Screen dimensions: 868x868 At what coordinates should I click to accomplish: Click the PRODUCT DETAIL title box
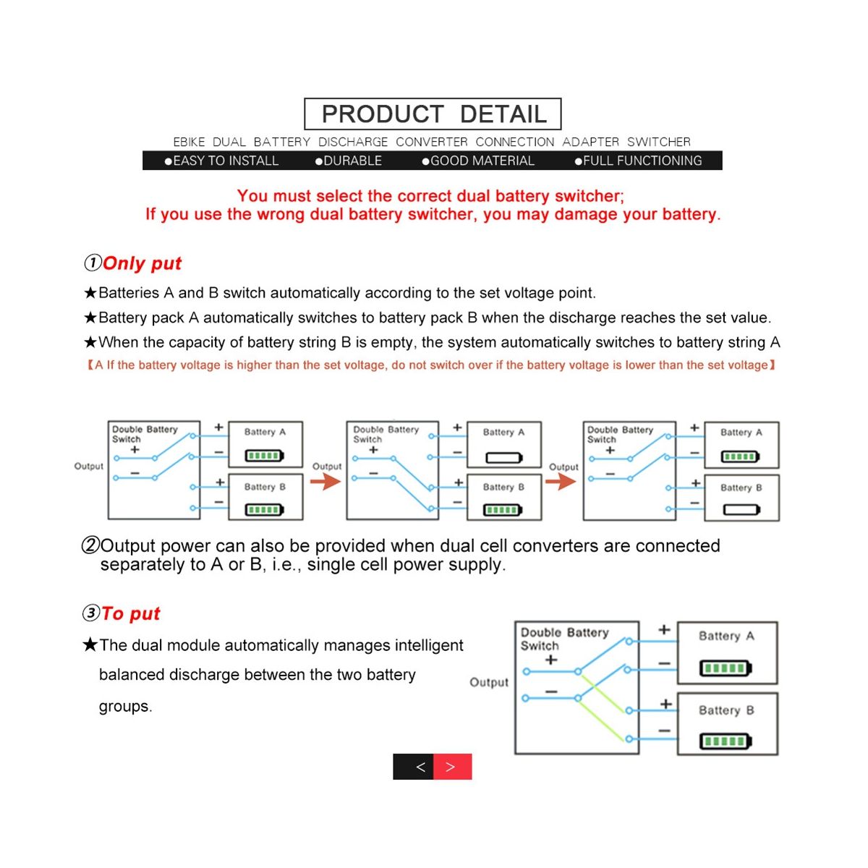tap(433, 114)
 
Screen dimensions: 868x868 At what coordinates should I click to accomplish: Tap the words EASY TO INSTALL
tap(225, 161)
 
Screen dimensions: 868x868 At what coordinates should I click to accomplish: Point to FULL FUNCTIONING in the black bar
tap(642, 161)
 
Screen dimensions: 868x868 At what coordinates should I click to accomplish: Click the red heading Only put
tap(142, 263)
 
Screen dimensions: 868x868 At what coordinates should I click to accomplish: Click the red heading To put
tap(130, 613)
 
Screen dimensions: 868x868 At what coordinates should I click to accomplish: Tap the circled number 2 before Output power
tap(90, 545)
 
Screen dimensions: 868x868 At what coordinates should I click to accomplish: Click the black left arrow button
tap(413, 767)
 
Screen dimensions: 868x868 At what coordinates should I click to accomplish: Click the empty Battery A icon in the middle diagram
tap(503, 457)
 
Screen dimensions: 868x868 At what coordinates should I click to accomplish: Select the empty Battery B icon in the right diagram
tap(741, 510)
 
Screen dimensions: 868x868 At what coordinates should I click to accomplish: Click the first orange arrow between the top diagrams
tap(326, 481)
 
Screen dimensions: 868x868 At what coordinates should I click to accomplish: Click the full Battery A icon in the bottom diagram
tap(726, 668)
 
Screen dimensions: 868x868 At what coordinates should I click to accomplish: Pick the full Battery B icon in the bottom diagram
tap(726, 741)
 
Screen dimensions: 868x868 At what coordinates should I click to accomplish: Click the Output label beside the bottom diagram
tap(489, 682)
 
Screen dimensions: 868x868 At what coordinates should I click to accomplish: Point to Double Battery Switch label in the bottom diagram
tap(564, 639)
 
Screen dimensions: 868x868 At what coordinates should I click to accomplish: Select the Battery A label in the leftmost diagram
tap(265, 432)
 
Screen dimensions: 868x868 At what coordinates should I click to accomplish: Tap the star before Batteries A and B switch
tap(90, 293)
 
